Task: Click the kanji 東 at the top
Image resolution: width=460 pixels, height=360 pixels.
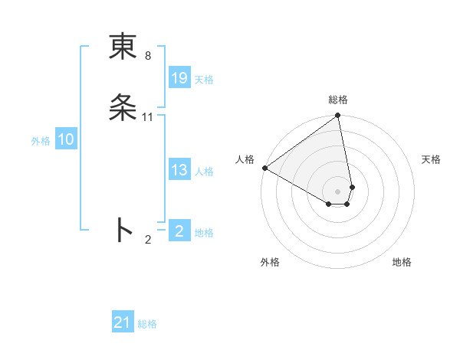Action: tap(123, 47)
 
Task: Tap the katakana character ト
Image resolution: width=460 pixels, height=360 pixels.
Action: tap(123, 229)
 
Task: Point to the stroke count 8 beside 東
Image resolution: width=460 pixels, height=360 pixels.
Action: tap(147, 56)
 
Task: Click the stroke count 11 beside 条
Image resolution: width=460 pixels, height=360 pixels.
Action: tap(148, 116)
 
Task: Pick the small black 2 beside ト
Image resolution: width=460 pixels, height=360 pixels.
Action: tap(148, 240)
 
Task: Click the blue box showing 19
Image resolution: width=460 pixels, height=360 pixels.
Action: tap(179, 78)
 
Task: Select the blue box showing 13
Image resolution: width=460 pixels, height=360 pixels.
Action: tap(179, 171)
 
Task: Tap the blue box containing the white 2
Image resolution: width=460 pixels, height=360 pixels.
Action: tap(179, 231)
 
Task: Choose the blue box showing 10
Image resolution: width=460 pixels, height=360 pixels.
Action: tap(66, 139)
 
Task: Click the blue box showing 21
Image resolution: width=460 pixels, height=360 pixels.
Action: tap(123, 322)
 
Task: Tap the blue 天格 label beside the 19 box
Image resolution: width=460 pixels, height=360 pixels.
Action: tap(204, 80)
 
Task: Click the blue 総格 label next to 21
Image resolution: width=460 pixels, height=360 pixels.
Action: tap(147, 324)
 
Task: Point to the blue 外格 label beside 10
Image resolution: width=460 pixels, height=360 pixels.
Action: tap(41, 141)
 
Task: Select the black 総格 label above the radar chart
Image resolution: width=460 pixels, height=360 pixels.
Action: tap(338, 100)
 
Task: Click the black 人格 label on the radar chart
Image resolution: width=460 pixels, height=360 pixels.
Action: tap(245, 159)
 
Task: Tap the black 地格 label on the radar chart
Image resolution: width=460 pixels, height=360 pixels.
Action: tap(402, 262)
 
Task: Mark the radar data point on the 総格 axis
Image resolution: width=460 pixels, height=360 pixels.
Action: tap(338, 116)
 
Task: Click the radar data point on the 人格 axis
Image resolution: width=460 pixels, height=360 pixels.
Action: tap(264, 168)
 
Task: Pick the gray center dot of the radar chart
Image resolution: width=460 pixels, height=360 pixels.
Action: tap(338, 191)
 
